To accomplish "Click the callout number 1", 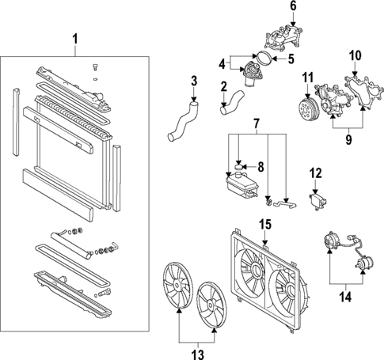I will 75,38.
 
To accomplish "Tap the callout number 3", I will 193,80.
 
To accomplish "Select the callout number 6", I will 291,7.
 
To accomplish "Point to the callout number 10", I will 355,55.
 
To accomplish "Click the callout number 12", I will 314,172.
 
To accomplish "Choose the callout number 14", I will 342,298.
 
